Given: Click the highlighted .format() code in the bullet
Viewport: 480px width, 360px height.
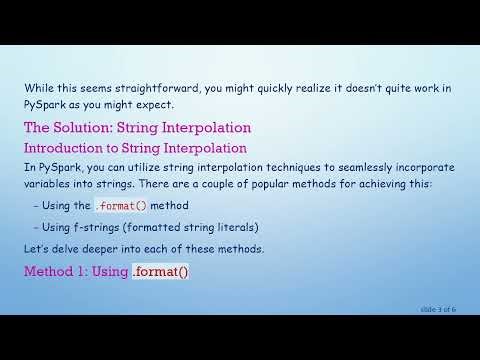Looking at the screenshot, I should pos(121,206).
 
